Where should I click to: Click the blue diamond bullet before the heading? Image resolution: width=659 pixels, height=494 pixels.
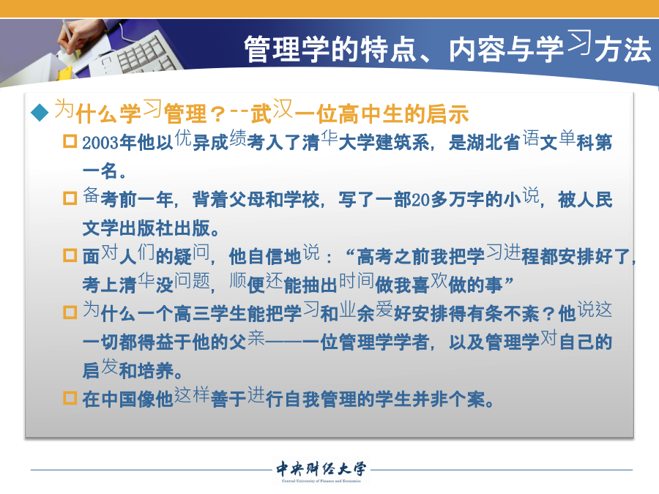[x=40, y=113]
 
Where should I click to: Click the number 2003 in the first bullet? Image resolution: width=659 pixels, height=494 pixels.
[x=100, y=143]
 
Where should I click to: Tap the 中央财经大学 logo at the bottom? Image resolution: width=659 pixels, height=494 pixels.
[x=321, y=471]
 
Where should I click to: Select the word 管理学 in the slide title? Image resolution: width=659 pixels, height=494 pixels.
[x=286, y=49]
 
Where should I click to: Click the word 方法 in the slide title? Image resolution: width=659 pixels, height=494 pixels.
[x=623, y=49]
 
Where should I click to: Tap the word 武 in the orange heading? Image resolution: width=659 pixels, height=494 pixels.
[x=261, y=114]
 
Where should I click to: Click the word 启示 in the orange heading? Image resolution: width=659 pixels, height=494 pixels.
[x=447, y=114]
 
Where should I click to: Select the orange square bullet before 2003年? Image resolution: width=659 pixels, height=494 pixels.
[x=70, y=141]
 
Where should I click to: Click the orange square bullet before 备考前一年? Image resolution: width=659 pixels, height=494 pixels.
[x=70, y=198]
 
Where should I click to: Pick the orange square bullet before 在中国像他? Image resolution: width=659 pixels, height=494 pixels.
[x=70, y=398]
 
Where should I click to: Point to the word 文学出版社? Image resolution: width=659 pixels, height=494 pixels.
[x=127, y=228]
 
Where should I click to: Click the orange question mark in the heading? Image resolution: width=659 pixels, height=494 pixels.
[x=217, y=115]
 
